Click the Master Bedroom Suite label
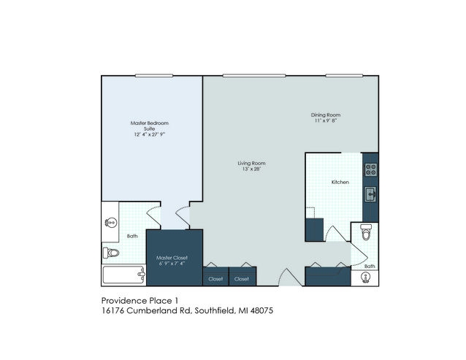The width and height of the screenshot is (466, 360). coord(150,126)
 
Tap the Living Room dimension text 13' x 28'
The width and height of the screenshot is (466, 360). coord(251,169)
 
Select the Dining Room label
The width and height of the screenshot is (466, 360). coord(326,115)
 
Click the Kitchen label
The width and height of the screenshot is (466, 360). coord(340,182)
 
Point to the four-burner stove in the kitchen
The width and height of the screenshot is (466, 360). coord(371,169)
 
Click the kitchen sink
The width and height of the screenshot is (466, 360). coord(370,194)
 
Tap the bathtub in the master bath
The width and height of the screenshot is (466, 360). coord(124,275)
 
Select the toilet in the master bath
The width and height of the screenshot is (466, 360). coord(111,253)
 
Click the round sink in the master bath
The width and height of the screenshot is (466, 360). coord(111,223)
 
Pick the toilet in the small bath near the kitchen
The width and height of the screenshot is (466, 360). coord(366,232)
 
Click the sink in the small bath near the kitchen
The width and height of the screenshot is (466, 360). coord(365,277)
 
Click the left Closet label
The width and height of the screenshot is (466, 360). coord(215,279)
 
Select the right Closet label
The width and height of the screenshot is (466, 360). coord(241,279)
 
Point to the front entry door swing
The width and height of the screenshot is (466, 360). coord(291,277)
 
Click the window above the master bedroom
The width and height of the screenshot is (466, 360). coord(154,76)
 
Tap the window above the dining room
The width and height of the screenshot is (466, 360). coord(344,76)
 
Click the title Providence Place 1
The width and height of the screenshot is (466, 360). coord(140,301)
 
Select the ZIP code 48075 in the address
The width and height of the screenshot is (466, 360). coord(261,310)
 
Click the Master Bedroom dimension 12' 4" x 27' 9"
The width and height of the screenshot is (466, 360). coord(150,134)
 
